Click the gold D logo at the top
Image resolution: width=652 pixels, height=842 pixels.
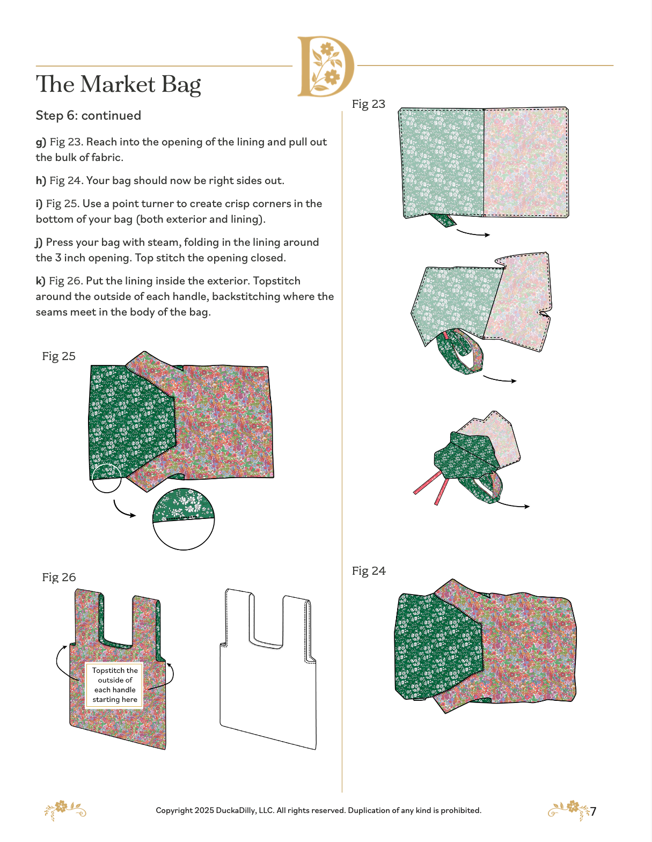click(325, 67)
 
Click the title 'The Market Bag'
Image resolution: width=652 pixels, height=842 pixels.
click(118, 85)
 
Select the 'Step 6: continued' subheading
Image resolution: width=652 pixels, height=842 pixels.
click(88, 115)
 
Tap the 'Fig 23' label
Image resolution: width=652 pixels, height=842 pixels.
click(368, 104)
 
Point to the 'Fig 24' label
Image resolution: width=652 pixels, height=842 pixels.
click(368, 571)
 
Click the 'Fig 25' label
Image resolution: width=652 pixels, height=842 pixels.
click(58, 356)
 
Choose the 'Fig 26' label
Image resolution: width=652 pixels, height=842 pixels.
click(58, 577)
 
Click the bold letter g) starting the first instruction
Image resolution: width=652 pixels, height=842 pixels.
click(41, 142)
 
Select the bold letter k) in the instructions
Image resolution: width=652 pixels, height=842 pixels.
click(40, 281)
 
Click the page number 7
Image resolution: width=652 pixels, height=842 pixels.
click(594, 811)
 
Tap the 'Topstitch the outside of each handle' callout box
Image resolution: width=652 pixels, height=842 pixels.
click(114, 685)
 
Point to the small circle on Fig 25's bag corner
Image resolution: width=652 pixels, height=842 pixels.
click(107, 479)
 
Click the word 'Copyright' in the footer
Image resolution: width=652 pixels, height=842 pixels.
click(174, 810)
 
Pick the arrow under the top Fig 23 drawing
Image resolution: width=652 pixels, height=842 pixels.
click(473, 233)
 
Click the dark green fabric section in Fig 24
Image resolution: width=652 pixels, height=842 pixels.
click(435, 644)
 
